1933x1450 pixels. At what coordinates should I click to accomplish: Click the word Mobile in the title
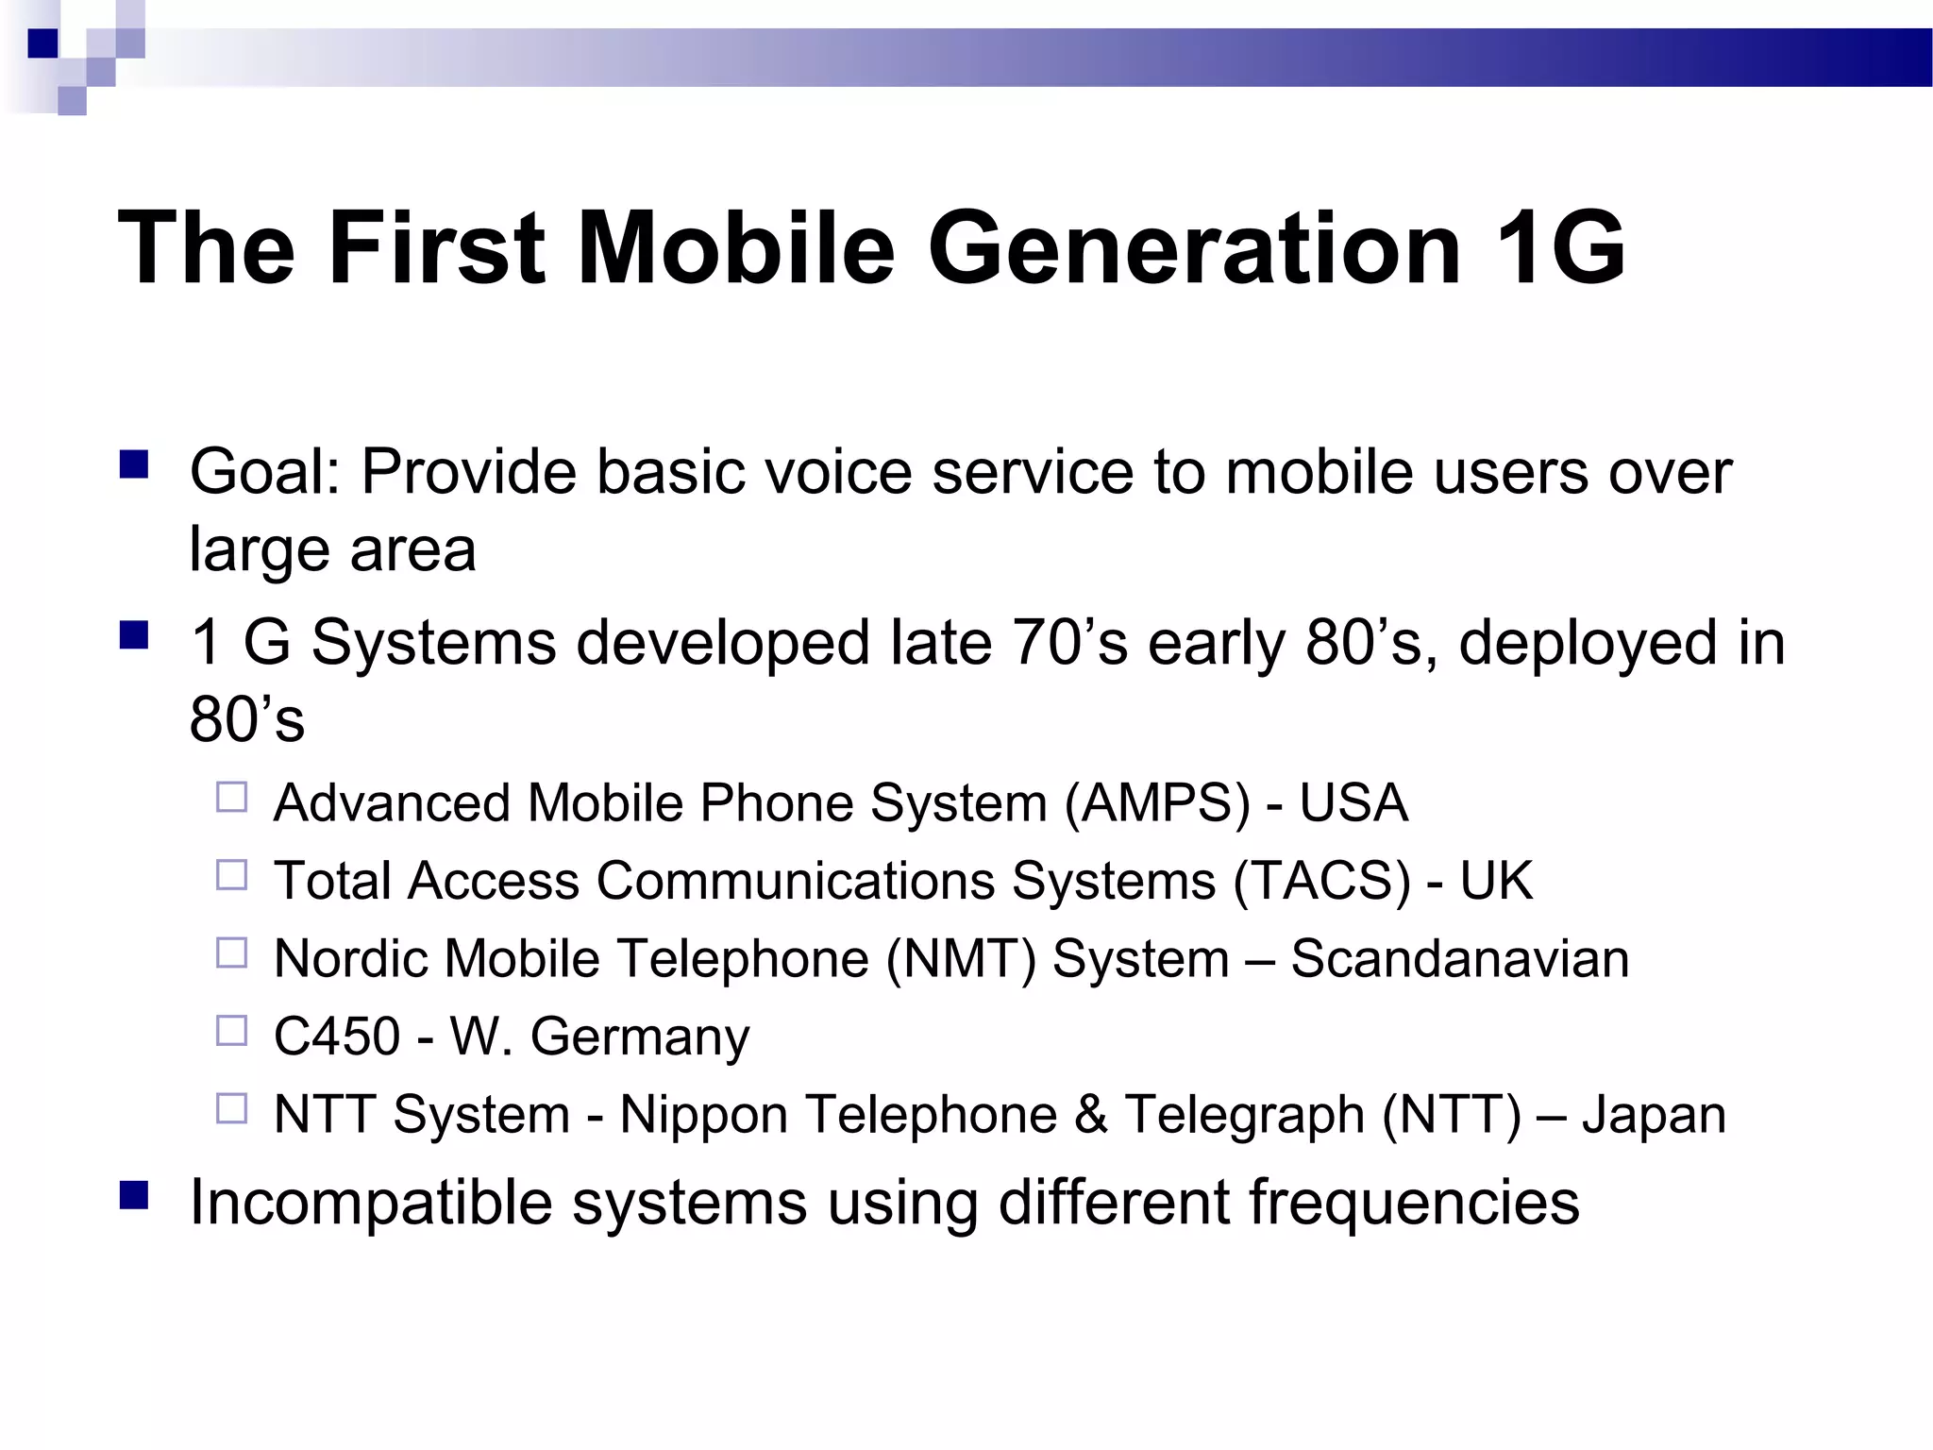click(x=735, y=248)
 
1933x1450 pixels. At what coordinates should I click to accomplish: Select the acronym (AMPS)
click(x=1157, y=803)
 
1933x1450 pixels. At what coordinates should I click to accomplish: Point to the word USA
click(x=1353, y=803)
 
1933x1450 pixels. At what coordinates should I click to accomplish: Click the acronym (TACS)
click(x=1321, y=881)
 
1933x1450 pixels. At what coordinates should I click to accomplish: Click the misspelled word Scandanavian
click(x=1459, y=959)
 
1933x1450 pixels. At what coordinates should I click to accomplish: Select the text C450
click(x=337, y=1037)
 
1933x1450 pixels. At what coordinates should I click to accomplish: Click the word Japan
click(x=1654, y=1116)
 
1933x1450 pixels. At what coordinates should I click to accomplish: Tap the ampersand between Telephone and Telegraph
click(x=1090, y=1114)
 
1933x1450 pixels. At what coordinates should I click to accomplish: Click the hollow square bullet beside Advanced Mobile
click(x=231, y=798)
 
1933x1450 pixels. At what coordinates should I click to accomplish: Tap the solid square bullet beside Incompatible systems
click(x=134, y=1196)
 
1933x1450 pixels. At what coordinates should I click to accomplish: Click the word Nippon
click(x=704, y=1116)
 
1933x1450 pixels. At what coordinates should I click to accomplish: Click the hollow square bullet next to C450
click(x=231, y=1031)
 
